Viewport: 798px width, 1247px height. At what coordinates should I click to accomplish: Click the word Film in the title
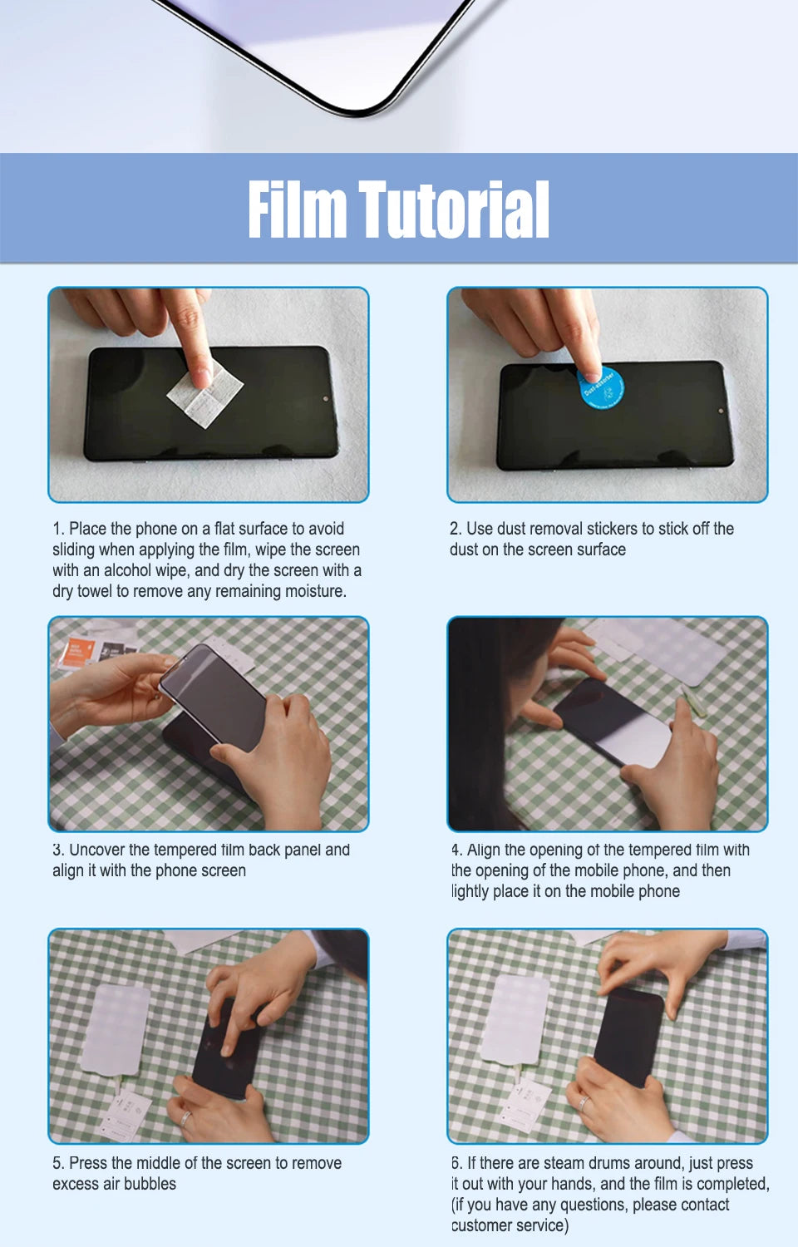pyautogui.click(x=297, y=209)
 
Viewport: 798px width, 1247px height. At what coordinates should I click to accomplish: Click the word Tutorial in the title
pyautogui.click(x=454, y=209)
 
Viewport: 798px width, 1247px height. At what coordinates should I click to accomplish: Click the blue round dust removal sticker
pyautogui.click(x=600, y=387)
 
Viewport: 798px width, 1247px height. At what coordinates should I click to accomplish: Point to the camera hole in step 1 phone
pyautogui.click(x=325, y=398)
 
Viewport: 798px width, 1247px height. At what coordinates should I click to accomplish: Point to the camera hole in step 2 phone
pyautogui.click(x=722, y=411)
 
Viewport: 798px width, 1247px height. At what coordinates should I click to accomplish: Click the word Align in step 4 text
pyautogui.click(x=484, y=850)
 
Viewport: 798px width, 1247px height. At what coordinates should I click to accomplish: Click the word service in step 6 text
pyautogui.click(x=539, y=1225)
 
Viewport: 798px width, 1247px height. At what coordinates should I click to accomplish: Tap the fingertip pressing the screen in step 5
pyautogui.click(x=226, y=1050)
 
